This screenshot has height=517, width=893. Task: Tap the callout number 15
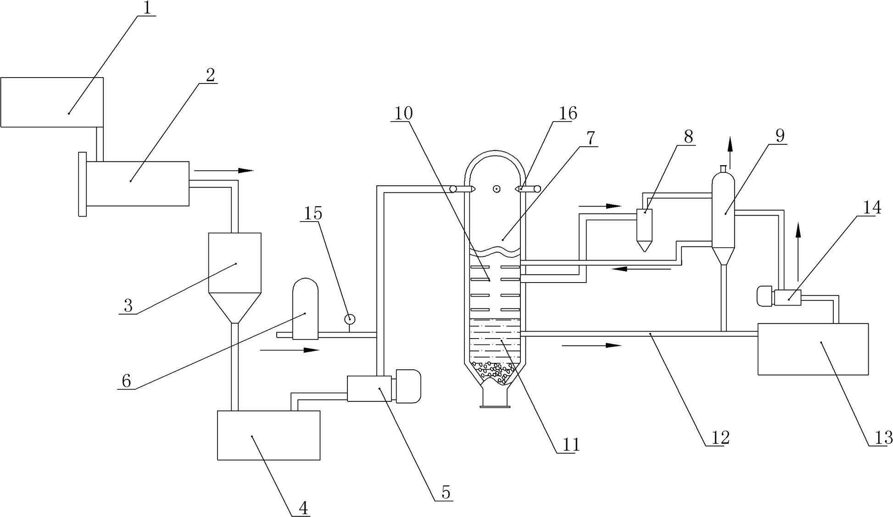[313, 213]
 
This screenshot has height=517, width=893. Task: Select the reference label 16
[566, 113]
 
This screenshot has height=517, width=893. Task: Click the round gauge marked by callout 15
[350, 318]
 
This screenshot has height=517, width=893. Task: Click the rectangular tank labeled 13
[813, 349]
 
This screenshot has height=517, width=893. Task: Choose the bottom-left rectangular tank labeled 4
[268, 435]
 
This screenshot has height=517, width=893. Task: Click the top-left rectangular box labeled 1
[51, 102]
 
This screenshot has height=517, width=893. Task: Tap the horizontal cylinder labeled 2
[137, 183]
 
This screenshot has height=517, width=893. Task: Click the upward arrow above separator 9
[730, 147]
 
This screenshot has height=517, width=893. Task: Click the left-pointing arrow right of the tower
[642, 268]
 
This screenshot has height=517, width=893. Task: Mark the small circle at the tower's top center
[496, 189]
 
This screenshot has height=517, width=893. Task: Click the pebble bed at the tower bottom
[494, 371]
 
